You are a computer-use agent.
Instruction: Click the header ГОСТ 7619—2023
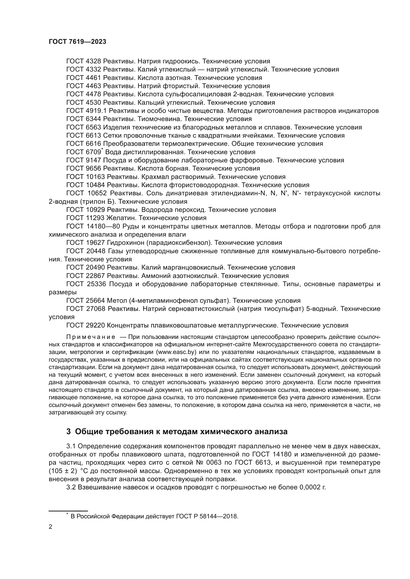tap(77, 42)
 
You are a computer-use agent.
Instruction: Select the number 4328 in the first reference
tap(93, 61)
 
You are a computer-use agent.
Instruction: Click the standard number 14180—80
tap(100, 226)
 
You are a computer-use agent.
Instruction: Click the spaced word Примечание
tap(91, 337)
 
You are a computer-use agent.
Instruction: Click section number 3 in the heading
tap(68, 432)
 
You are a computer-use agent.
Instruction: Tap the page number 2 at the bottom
tap(51, 527)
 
